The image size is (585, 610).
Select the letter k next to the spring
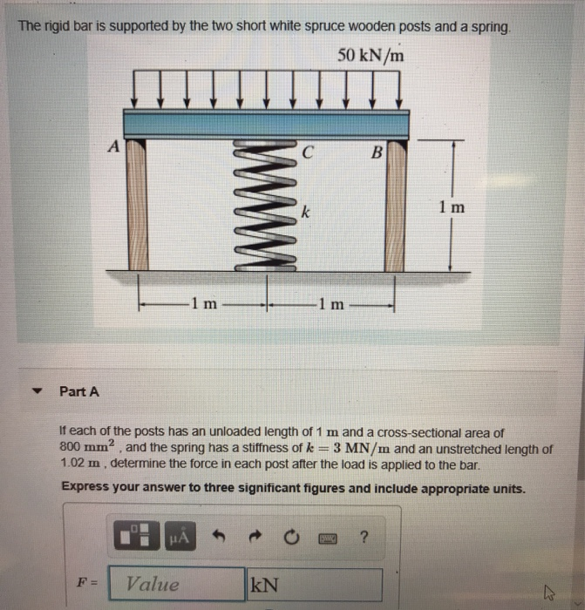tap(304, 212)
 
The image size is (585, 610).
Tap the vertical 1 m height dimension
tap(452, 207)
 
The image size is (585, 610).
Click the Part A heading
tap(79, 391)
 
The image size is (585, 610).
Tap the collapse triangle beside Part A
tap(36, 391)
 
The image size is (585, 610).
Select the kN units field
tap(315, 584)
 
